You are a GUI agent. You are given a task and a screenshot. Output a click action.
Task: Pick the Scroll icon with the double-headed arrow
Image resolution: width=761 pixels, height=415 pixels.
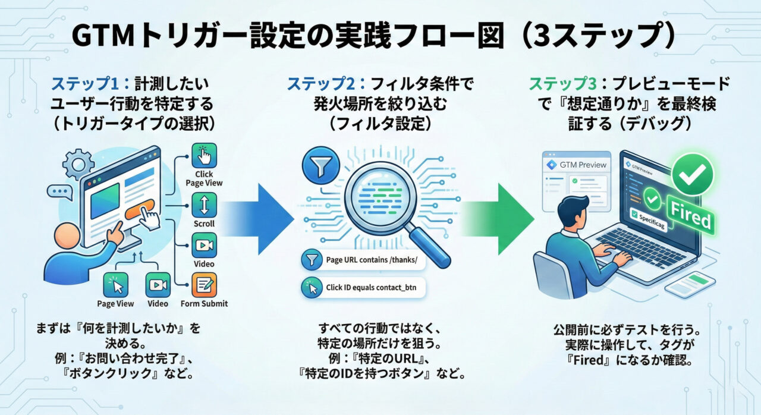pos(204,205)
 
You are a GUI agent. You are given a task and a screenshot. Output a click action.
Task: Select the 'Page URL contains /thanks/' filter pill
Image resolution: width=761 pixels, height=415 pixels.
pos(363,260)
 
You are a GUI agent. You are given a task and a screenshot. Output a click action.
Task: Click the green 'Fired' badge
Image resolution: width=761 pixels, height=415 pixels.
pos(690,215)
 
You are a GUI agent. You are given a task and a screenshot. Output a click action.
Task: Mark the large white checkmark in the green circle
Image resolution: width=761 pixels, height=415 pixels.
pos(692,174)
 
